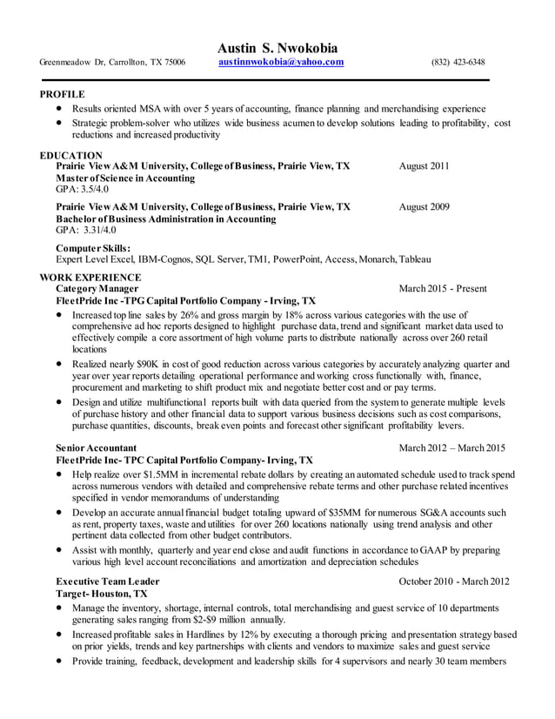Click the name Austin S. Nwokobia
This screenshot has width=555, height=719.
pos(277,47)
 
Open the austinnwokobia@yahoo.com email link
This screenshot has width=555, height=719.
pos(281,63)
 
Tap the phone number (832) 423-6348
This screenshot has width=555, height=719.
pos(458,63)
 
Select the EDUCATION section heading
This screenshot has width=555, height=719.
pos(71,155)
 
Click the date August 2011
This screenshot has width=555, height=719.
pos(424,166)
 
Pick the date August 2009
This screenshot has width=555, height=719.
pos(424,207)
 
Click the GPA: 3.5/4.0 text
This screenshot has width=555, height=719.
pos(83,189)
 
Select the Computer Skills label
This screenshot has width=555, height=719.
pos(93,248)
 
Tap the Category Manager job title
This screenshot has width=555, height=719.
pos(96,289)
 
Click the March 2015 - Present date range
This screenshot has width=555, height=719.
pos(443,289)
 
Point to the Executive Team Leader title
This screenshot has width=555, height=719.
pos(107,581)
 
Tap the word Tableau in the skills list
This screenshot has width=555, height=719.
pos(414,259)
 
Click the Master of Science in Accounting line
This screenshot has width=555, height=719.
pos(125,178)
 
